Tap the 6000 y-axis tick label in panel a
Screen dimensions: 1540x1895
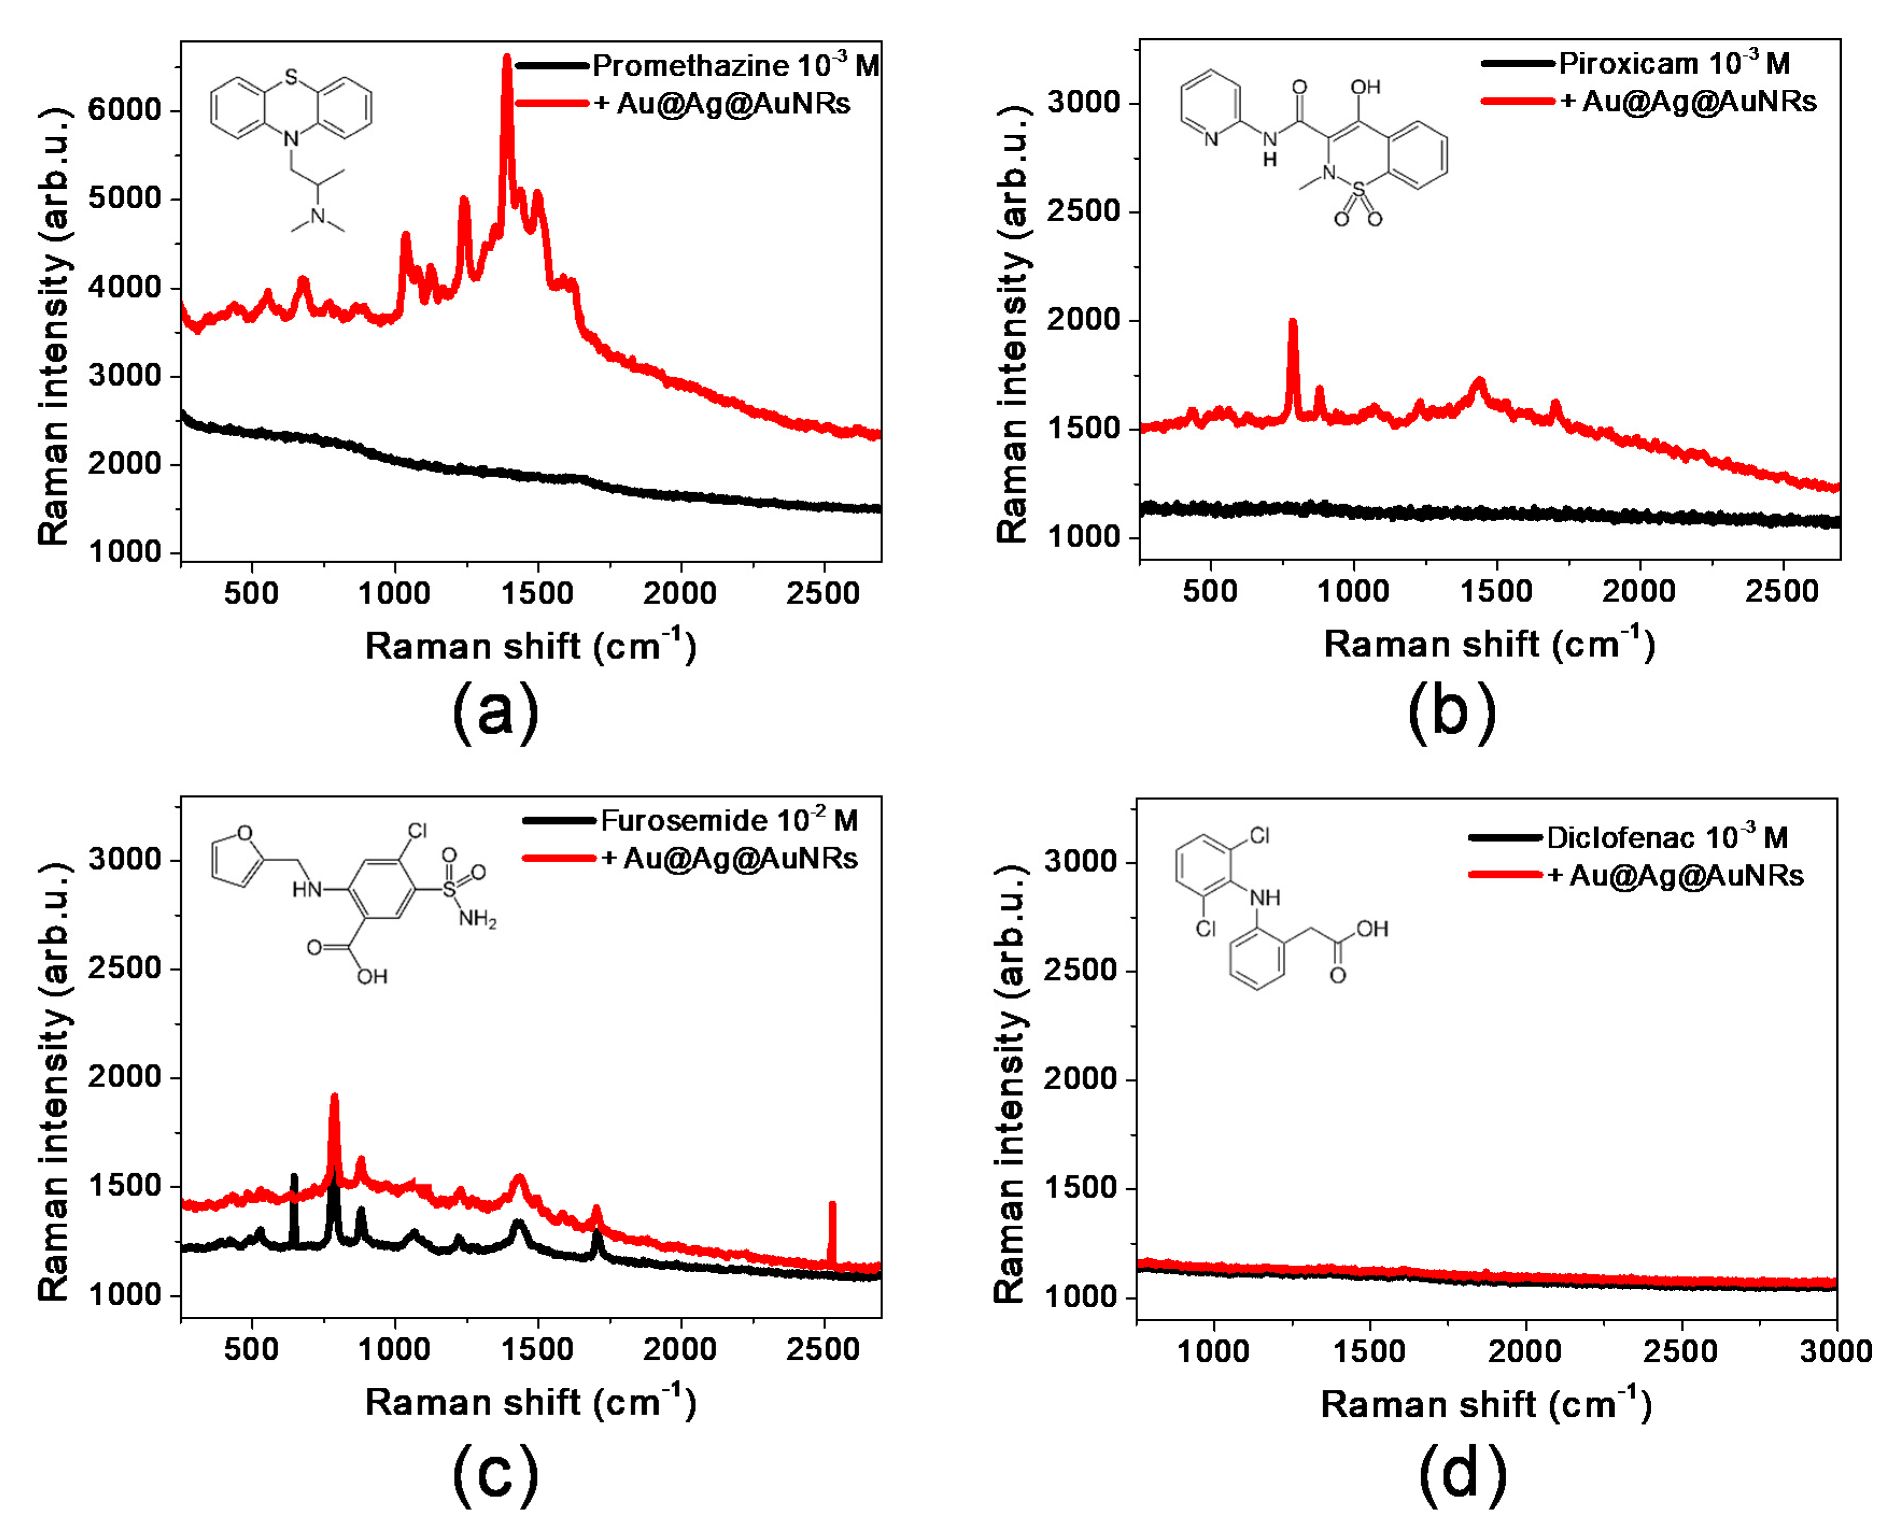click(x=124, y=110)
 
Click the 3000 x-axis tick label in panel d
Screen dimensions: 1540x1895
click(x=1835, y=1351)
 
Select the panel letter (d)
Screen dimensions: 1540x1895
click(x=1462, y=1473)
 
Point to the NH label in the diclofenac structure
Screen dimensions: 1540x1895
click(x=1264, y=898)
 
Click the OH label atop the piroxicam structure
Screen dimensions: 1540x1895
click(x=1366, y=87)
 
